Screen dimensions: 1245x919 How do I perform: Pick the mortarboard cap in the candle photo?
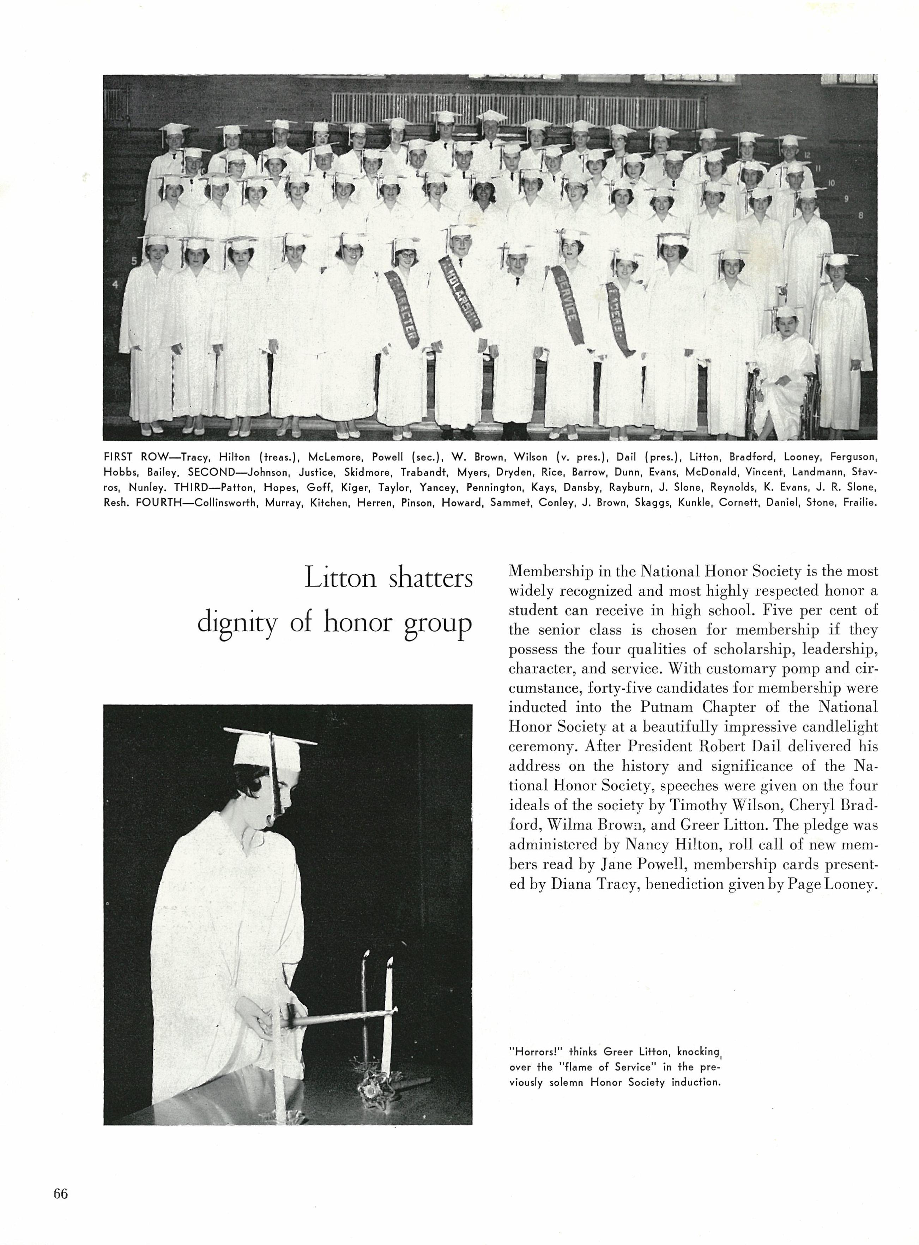click(x=273, y=745)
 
